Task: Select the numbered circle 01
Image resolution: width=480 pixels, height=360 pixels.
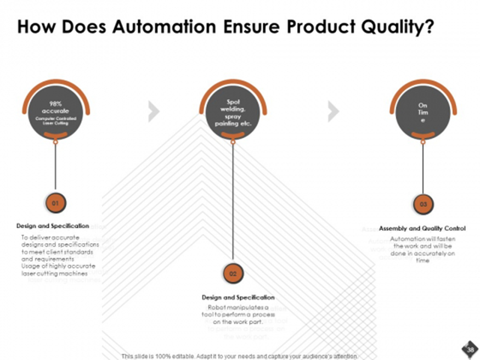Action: tap(55, 203)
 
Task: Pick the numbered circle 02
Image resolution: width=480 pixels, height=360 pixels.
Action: tap(233, 273)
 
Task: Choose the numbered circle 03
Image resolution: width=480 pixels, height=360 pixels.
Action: tap(423, 204)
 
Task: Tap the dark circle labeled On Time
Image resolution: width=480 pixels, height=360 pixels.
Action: tap(422, 113)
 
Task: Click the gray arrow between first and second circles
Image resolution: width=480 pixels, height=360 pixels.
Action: tap(154, 111)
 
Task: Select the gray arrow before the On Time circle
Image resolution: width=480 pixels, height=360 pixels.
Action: tap(333, 111)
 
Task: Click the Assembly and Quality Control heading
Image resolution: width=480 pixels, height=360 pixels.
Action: tap(422, 228)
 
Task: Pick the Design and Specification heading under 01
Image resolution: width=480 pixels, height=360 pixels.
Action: tap(53, 226)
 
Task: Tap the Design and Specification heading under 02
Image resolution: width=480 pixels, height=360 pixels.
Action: tap(238, 297)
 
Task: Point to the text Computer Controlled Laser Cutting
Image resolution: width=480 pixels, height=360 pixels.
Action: tap(55, 121)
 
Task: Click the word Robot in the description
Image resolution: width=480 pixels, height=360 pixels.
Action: tap(216, 307)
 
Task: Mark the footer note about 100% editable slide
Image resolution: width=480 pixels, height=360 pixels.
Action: tap(239, 355)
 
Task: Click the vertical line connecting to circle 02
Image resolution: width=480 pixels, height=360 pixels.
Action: tap(233, 203)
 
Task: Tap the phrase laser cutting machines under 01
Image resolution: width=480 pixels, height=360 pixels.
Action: tap(54, 273)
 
